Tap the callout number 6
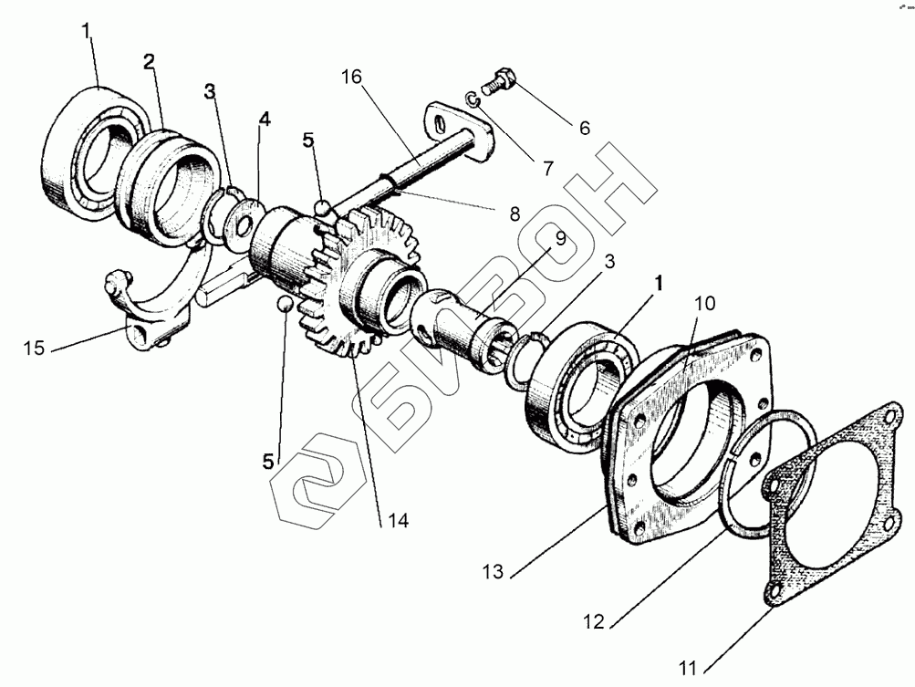tap(583, 128)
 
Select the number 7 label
tap(547, 168)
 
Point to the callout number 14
tap(395, 521)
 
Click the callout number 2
tap(148, 62)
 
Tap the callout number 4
tap(264, 119)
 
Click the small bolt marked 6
tap(499, 80)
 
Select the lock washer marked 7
tap(469, 99)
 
